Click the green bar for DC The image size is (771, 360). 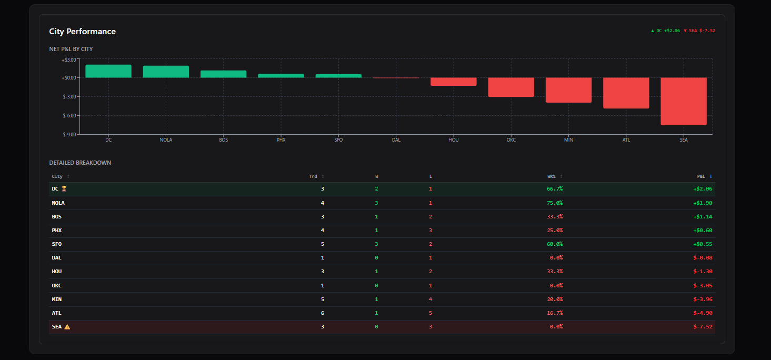click(108, 71)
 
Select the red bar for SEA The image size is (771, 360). click(684, 101)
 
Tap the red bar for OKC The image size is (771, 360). click(511, 87)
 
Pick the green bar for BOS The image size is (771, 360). click(223, 74)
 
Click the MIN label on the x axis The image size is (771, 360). click(568, 140)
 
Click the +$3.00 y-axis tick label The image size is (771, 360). click(69, 59)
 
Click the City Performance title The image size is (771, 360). click(82, 32)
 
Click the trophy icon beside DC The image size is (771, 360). click(64, 188)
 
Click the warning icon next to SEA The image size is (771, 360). click(67, 326)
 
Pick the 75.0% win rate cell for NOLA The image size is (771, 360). click(555, 203)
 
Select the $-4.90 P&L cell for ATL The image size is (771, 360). click(703, 313)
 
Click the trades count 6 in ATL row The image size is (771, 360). click(323, 313)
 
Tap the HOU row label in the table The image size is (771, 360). click(57, 272)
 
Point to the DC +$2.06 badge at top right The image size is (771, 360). click(666, 31)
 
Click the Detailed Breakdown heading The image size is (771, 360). click(80, 163)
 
